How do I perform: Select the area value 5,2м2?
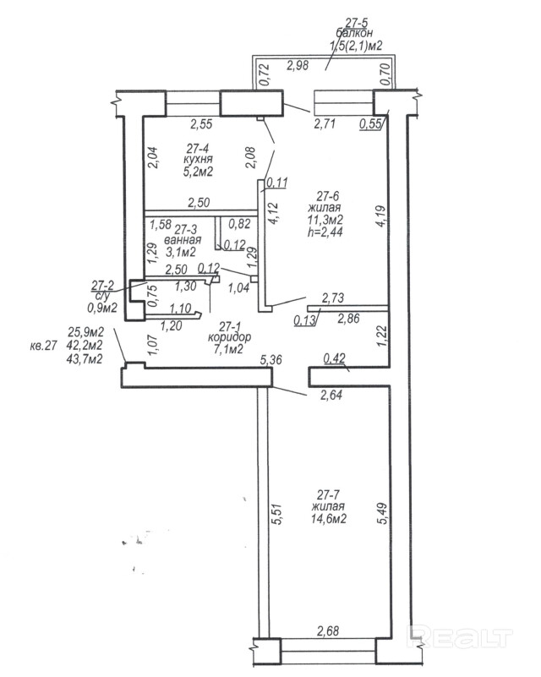(198, 172)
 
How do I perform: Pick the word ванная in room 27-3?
(183, 239)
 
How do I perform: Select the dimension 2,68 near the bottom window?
(329, 630)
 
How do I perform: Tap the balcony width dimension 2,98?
(296, 65)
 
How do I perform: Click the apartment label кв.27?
(42, 346)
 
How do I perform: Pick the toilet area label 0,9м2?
(101, 308)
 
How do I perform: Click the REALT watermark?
(462, 633)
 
